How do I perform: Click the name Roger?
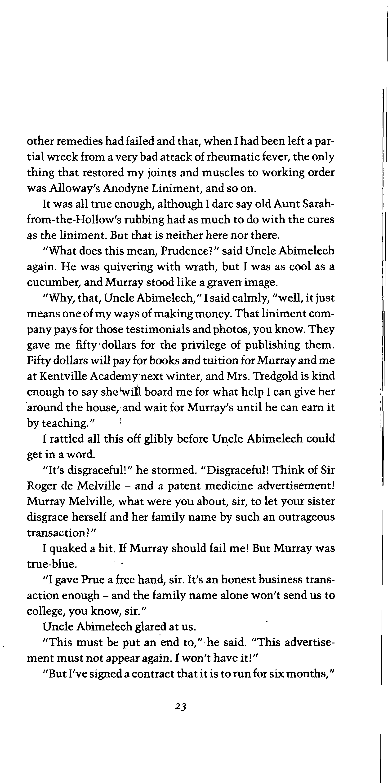pos(41,486)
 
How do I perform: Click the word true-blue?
pos(52,564)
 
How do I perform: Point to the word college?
pos(46,611)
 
